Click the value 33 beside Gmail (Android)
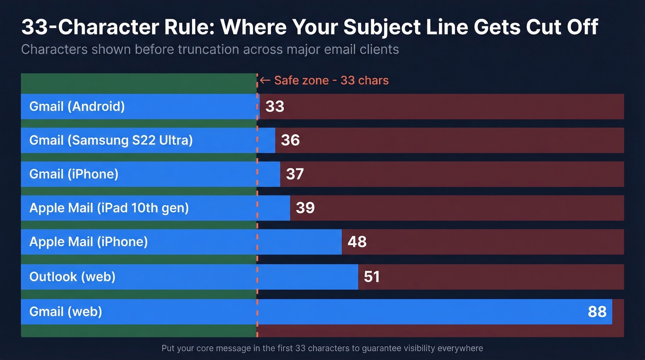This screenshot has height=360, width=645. [275, 106]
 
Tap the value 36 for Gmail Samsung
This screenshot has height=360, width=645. [290, 140]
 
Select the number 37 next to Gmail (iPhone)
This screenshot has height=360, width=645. [295, 174]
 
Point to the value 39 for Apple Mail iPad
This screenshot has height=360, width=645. [305, 208]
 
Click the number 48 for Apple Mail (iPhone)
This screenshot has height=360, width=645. [357, 242]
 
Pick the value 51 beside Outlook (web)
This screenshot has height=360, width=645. [372, 277]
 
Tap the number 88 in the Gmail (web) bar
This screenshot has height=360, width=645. [597, 312]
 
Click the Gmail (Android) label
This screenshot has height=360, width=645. [77, 106]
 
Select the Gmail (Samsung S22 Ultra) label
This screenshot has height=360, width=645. [111, 140]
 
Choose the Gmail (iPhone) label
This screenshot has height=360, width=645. [74, 174]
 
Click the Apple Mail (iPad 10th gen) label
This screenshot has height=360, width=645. [109, 208]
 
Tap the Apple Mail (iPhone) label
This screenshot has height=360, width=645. [88, 242]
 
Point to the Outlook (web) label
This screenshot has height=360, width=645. [72, 277]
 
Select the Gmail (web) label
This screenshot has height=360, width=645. [65, 312]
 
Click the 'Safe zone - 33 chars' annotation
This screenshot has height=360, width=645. [331, 81]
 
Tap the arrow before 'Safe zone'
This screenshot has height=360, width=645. [265, 81]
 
